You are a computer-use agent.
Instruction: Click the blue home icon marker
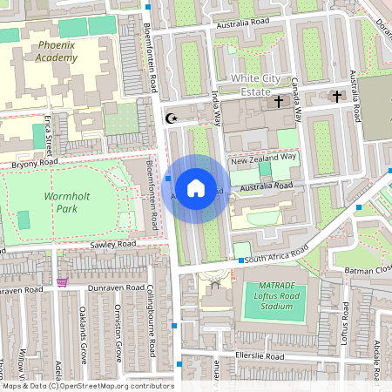click(196, 188)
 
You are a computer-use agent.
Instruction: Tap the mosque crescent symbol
click(171, 118)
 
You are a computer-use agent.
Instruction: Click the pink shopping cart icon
click(62, 282)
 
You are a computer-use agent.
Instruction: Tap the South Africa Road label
click(276, 256)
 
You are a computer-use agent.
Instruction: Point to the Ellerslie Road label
click(260, 357)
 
